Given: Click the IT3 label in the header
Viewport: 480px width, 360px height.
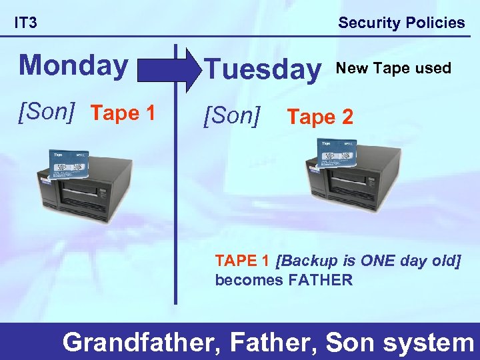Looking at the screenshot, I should coord(26,23).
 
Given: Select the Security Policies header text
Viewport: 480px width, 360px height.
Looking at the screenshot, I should coord(401,23).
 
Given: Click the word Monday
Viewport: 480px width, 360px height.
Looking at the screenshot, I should coord(73,65).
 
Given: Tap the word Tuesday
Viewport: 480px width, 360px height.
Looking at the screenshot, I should coord(261,69).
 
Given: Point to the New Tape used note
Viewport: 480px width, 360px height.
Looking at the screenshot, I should coord(393,68).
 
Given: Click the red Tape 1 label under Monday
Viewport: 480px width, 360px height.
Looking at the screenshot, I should coord(123,113).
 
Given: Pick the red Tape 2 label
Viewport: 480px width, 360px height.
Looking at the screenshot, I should coord(319,117).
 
